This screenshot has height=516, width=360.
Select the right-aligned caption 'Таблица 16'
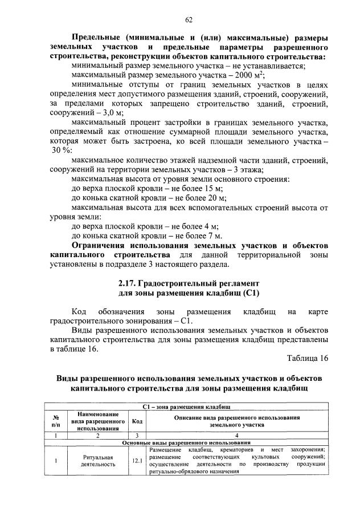coord(308,358)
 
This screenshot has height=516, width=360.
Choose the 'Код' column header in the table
coord(137,421)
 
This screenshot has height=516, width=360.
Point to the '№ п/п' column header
coord(56,421)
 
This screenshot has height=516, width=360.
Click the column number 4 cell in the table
coord(238,436)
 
